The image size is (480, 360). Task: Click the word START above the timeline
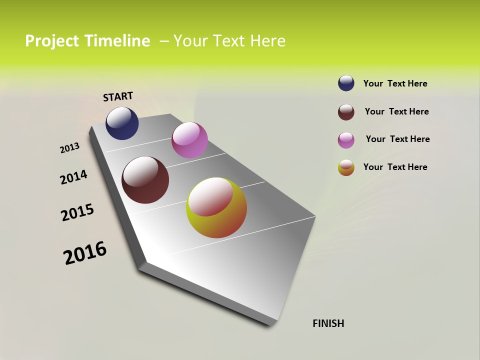(118, 96)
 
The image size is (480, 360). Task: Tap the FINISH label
(328, 323)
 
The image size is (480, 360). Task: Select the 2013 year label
(70, 148)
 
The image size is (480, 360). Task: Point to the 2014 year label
(74, 177)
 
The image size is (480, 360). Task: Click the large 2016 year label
(85, 252)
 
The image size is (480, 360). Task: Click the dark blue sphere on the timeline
(122, 123)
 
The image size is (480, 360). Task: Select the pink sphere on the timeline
(189, 140)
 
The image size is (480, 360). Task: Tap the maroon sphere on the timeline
(145, 180)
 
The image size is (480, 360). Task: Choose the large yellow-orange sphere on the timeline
(216, 207)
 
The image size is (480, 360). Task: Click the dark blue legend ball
(346, 83)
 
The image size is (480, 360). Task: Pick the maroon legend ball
(346, 112)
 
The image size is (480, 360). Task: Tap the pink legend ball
(346, 140)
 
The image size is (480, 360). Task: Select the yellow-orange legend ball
(346, 167)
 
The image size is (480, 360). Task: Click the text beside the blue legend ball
(395, 83)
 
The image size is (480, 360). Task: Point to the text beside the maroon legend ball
(396, 111)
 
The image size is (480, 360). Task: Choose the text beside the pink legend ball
(397, 139)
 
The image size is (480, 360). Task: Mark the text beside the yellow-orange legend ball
(395, 167)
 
